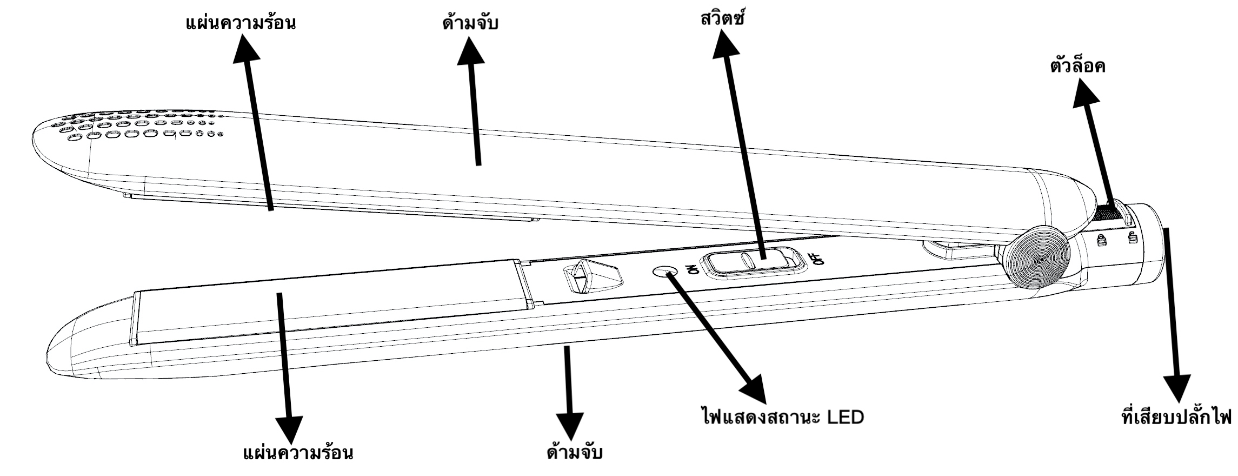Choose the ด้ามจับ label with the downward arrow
pos(575,452)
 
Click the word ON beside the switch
pos(693,267)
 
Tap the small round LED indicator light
pos(662,271)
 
